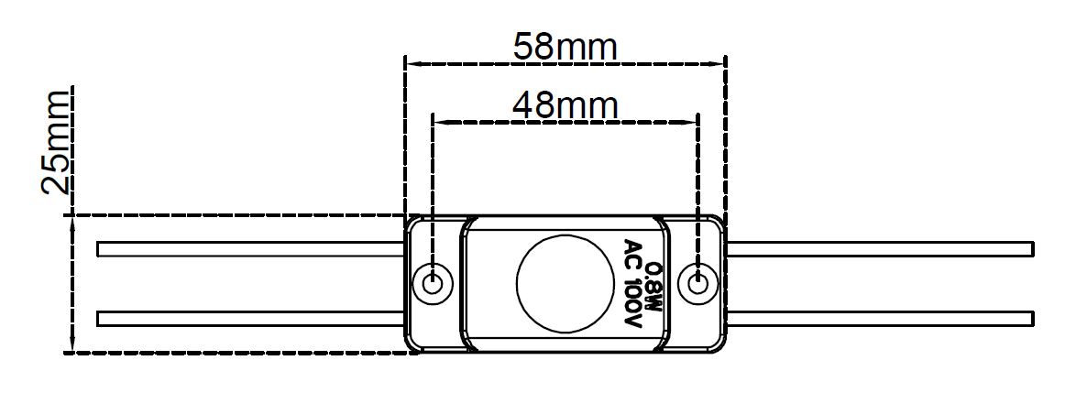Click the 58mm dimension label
[x=565, y=46]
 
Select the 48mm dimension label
[x=565, y=104]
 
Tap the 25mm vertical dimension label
[x=57, y=142]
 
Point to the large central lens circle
[x=565, y=284]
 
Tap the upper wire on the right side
[x=880, y=249]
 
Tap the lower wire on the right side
[x=880, y=319]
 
